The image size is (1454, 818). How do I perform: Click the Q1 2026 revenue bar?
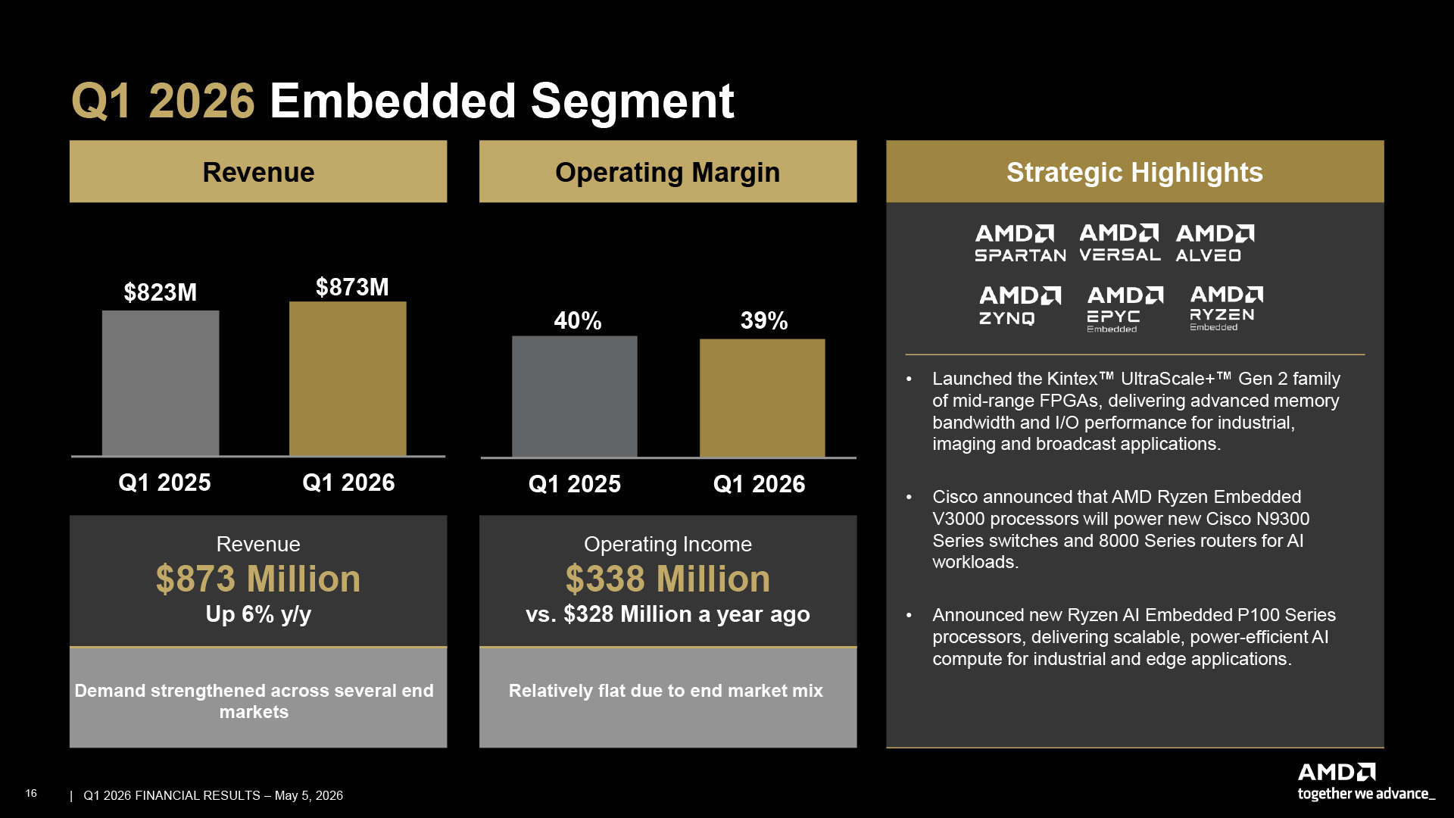(x=348, y=379)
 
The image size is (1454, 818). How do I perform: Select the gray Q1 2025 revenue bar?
(x=161, y=383)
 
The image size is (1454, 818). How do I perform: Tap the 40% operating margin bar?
(x=575, y=397)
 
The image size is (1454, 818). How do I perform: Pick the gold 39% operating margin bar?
(x=763, y=398)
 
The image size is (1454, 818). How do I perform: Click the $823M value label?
(x=161, y=292)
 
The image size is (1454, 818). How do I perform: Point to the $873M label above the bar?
(x=352, y=287)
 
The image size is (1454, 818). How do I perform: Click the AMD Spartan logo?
(x=1020, y=243)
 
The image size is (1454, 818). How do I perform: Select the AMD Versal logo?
(x=1120, y=242)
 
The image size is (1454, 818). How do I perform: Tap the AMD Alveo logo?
(x=1215, y=243)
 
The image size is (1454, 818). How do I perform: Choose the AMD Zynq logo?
(x=1020, y=305)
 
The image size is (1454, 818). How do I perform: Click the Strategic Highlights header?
(x=1134, y=172)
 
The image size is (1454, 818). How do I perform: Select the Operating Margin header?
(x=668, y=172)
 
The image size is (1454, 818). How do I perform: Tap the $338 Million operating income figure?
(x=668, y=579)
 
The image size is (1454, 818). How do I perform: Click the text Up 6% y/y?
(x=258, y=614)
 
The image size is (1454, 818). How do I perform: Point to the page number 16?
(x=31, y=793)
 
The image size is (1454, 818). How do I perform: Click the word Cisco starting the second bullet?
(x=956, y=497)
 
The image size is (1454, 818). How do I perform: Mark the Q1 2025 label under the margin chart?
(x=575, y=484)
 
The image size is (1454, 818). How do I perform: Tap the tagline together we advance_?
(x=1366, y=794)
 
